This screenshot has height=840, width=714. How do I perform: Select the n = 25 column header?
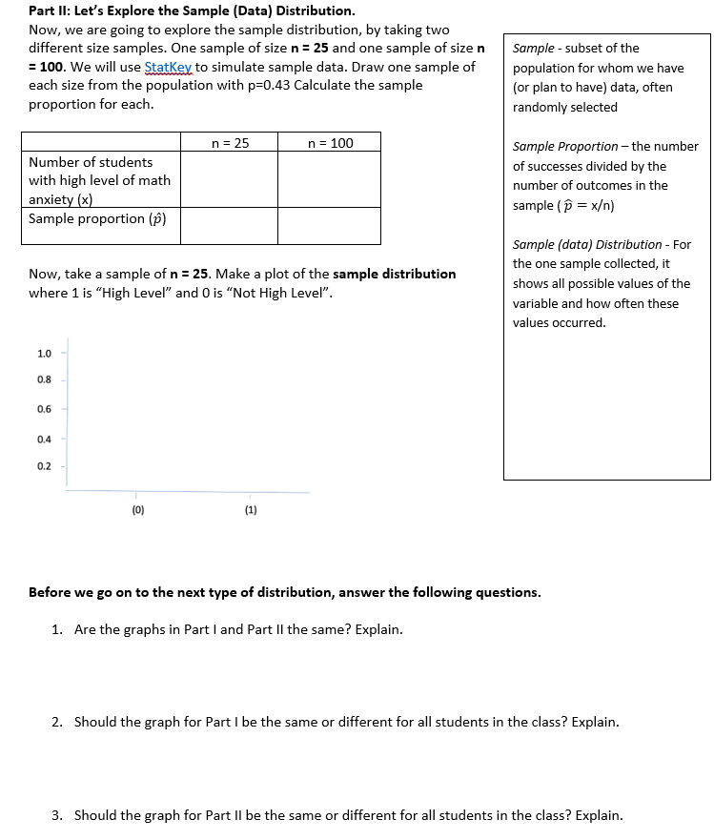230,143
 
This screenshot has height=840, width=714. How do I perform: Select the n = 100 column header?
330,143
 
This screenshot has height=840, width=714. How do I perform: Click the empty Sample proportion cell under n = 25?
230,225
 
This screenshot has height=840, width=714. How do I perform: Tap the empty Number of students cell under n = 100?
330,179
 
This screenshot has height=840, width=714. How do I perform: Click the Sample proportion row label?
97,219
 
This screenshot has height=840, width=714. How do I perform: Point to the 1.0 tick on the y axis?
45,354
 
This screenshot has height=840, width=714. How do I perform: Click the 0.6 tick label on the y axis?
45,410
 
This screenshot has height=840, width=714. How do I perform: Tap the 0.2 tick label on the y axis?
45,467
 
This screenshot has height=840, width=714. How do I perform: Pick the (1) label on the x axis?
250,510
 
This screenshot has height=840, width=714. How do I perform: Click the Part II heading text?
191,11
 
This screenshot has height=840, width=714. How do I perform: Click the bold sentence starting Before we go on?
284,592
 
